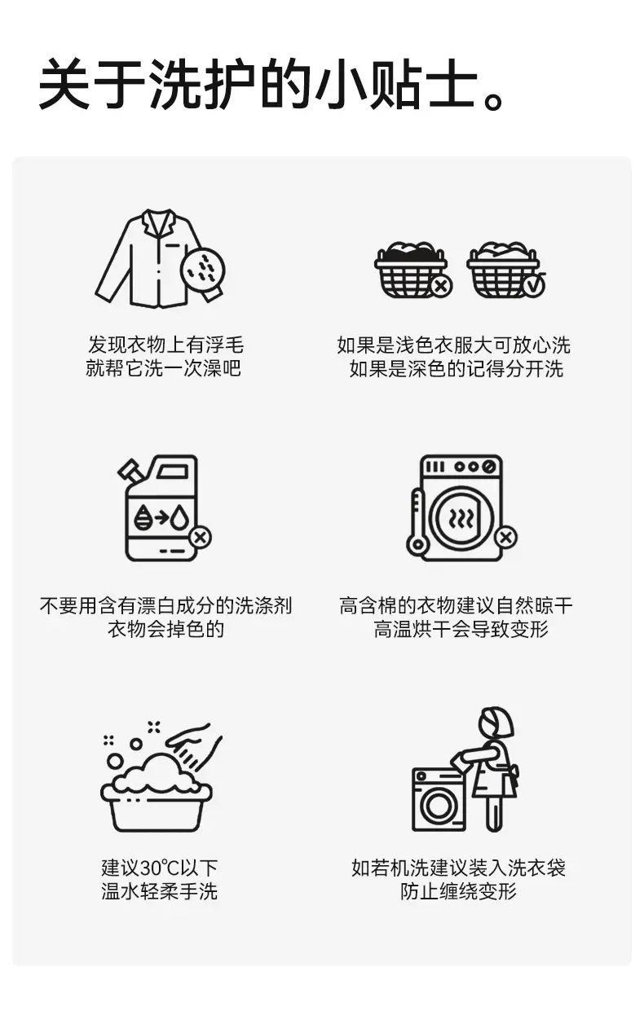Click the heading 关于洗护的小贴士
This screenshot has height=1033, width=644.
(x=258, y=84)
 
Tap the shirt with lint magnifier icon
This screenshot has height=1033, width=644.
(x=161, y=258)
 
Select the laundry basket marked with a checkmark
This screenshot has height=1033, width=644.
(x=506, y=270)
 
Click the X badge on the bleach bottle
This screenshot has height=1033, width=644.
(x=200, y=537)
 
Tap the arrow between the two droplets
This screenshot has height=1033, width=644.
(x=161, y=518)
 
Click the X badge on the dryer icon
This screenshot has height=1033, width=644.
(x=505, y=537)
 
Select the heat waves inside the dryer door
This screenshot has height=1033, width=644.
(x=461, y=519)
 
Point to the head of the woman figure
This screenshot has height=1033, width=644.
(x=496, y=723)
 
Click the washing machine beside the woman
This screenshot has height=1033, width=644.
(x=439, y=800)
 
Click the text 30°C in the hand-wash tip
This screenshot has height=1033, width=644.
(x=160, y=868)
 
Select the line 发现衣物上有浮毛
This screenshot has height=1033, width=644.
(x=165, y=345)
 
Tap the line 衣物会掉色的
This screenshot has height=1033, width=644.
(x=165, y=629)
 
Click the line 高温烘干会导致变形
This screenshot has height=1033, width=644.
(x=461, y=629)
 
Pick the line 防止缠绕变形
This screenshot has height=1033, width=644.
(x=458, y=892)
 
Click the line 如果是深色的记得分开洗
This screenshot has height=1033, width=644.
(x=457, y=368)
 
